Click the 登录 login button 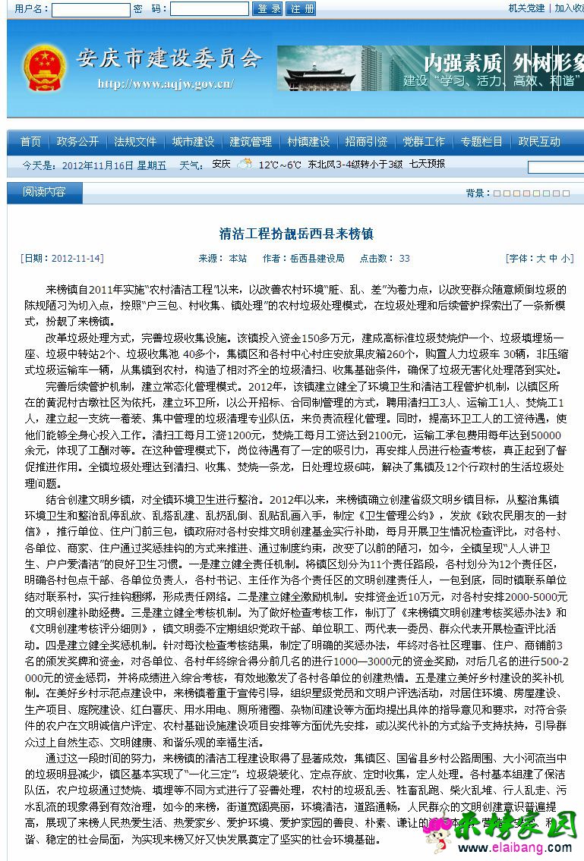269,9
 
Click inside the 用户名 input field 90,9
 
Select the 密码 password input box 209,9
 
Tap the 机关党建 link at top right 526,8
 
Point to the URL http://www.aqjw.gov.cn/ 166,84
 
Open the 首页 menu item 31,142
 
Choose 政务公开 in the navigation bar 77,142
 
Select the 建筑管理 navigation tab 251,142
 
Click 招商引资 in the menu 366,142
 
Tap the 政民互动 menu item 539,142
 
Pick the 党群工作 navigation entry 424,142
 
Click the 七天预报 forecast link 427,164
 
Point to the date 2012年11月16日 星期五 114,165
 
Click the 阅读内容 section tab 44,193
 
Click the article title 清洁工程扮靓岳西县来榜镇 296,234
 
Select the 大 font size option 541,259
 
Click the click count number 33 405,259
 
